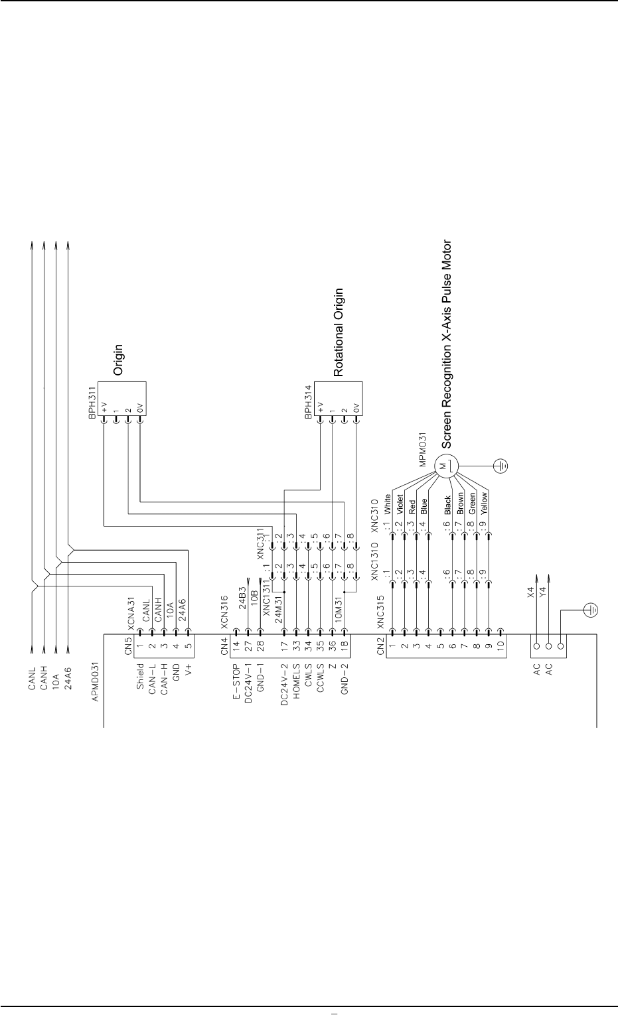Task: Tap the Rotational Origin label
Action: (339, 332)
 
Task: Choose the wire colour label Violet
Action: (400, 506)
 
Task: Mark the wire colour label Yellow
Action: (485, 504)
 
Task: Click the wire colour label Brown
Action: (460, 505)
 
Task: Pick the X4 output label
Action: (530, 592)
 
